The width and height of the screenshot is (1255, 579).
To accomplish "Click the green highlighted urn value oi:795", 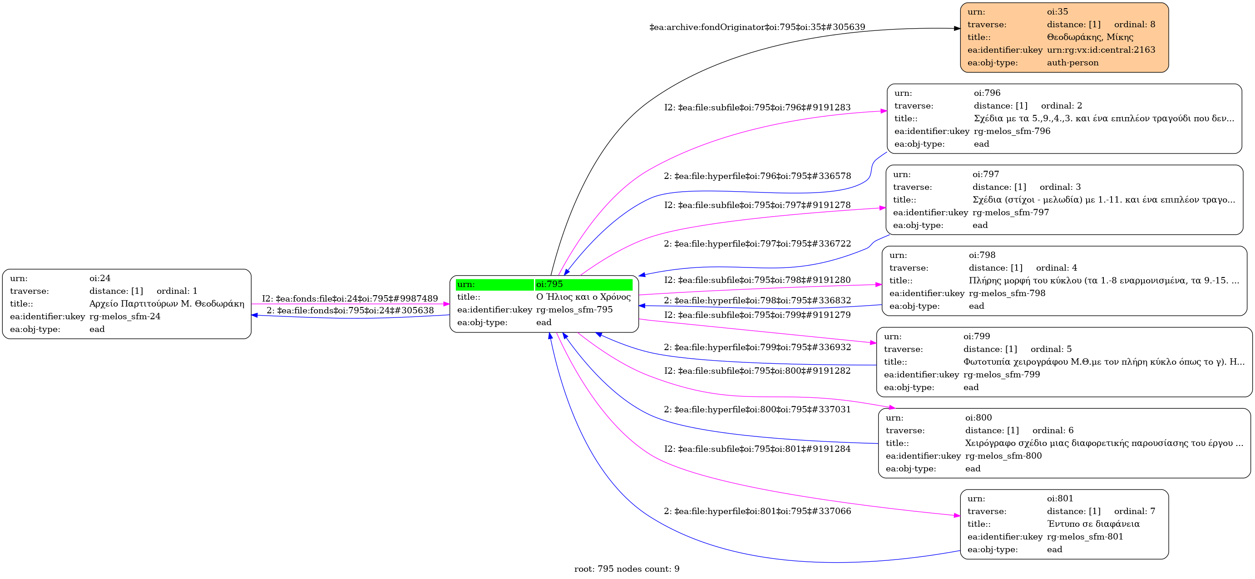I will pyautogui.click(x=549, y=284).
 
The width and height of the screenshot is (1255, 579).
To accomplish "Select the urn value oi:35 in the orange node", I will pyautogui.click(x=1057, y=12).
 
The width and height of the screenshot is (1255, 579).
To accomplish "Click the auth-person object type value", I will pyautogui.click(x=1072, y=62).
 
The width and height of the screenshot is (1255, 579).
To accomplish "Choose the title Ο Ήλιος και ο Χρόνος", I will pyautogui.click(x=583, y=297).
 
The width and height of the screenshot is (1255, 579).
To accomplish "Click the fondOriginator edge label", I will pyautogui.click(x=757, y=27).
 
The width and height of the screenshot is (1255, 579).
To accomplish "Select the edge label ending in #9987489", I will pyautogui.click(x=350, y=298).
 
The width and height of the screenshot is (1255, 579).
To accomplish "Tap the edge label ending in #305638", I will pyautogui.click(x=350, y=311).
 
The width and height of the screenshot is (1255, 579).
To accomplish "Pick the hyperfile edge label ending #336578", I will pyautogui.click(x=757, y=176).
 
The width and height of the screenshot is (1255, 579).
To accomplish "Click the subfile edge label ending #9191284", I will pyautogui.click(x=757, y=449).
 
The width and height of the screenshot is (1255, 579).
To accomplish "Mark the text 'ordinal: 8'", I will pyautogui.click(x=1134, y=25).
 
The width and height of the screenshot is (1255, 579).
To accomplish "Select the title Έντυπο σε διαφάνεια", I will pyautogui.click(x=1093, y=524).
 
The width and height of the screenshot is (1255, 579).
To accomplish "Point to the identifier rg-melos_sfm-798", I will pyautogui.click(x=1007, y=293).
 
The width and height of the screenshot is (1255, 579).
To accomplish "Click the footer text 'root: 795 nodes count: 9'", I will pyautogui.click(x=627, y=569).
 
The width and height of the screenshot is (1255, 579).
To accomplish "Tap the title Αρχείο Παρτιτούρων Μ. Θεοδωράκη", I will pyautogui.click(x=167, y=304).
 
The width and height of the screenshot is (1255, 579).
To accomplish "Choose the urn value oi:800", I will pyautogui.click(x=978, y=417).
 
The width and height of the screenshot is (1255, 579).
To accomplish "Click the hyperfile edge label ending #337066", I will pyautogui.click(x=757, y=511).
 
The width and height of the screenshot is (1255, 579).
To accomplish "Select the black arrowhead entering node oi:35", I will pyautogui.click(x=956, y=28).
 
